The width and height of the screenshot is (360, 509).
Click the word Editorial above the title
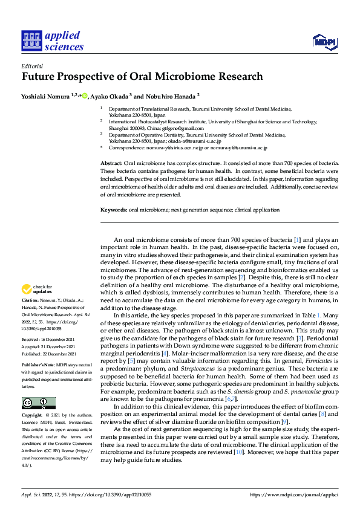click(x=31, y=66)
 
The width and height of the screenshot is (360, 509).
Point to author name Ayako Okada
click(x=110, y=96)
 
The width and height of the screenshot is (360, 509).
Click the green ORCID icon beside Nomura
click(x=85, y=96)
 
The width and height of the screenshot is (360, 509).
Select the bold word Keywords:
click(x=113, y=210)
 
